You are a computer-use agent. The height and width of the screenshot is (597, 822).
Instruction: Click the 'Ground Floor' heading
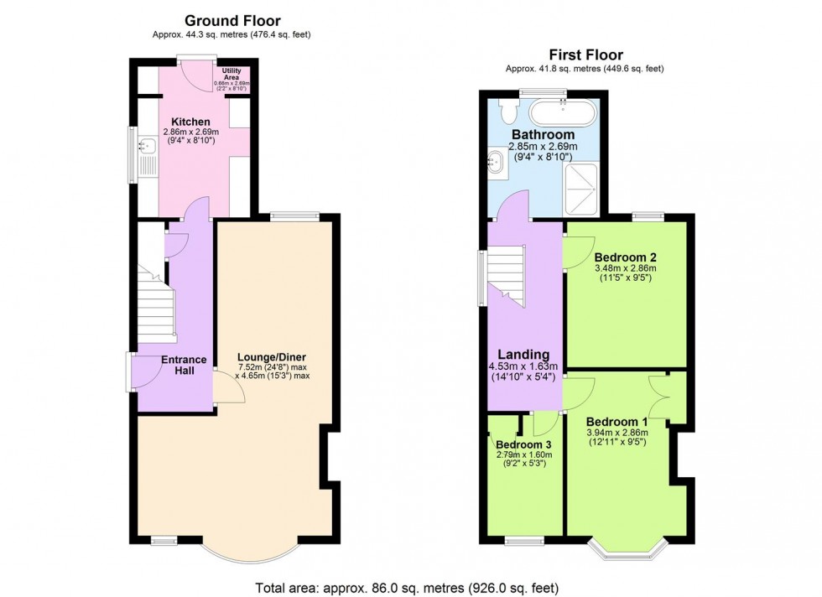point(232,20)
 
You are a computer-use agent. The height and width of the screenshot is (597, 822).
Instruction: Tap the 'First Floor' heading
point(585,55)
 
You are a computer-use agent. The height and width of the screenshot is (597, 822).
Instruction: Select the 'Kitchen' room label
point(190,122)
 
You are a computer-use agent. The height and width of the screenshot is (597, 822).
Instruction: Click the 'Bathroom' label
point(543,134)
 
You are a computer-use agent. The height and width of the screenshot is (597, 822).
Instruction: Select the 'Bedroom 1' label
point(616,421)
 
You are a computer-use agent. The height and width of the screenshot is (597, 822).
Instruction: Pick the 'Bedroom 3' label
point(523,444)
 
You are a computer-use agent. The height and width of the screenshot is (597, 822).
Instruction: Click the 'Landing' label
point(524,354)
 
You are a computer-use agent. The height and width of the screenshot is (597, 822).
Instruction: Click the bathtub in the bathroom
point(562,111)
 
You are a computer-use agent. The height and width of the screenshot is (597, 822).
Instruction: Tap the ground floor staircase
point(159,310)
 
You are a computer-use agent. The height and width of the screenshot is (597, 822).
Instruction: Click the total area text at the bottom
point(407,587)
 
